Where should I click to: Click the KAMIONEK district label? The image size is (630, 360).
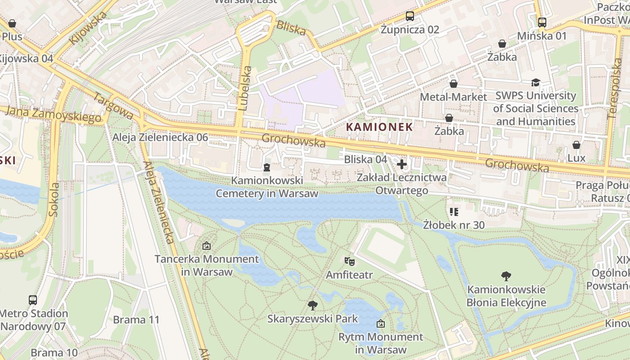tap(379, 127)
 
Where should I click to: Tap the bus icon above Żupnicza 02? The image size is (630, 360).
tap(409, 16)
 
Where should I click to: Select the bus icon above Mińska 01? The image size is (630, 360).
tap(542, 22)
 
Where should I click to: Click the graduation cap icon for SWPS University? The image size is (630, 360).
tap(535, 82)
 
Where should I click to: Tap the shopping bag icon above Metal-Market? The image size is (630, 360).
tap(453, 84)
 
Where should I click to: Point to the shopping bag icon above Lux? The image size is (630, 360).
tap(576, 145)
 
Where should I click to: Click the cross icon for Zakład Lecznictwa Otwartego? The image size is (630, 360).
tap(402, 164)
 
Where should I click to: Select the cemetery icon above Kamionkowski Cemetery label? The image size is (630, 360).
tap(267, 167)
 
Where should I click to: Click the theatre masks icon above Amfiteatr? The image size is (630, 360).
tap(349, 261)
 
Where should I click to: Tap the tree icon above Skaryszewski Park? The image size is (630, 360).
tap(312, 306)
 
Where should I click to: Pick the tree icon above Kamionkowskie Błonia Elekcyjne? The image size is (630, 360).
tap(506, 276)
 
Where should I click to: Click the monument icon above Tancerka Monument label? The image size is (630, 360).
tap(207, 246)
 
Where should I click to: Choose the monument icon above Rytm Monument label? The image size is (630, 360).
tap(380, 323)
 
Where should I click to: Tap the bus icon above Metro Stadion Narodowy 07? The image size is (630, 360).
tap(33, 300)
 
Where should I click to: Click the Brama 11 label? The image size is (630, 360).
tap(136, 320)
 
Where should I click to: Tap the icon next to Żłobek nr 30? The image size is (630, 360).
tap(454, 211)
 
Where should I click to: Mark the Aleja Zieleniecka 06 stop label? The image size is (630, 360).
tap(161, 137)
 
